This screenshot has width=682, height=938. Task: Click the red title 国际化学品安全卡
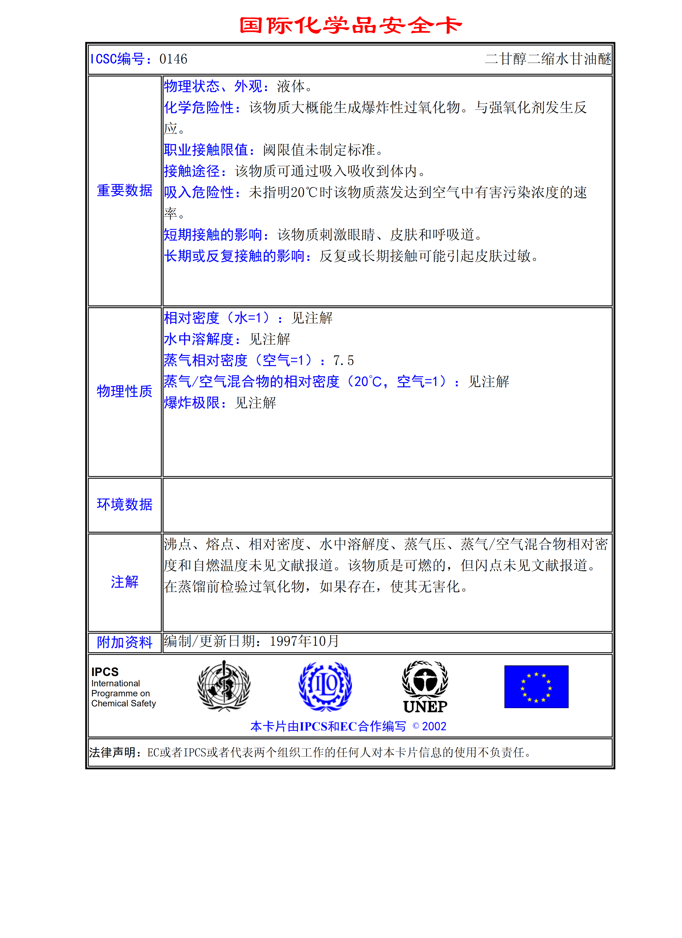pyautogui.click(x=350, y=25)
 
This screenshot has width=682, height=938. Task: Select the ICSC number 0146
pyautogui.click(x=173, y=59)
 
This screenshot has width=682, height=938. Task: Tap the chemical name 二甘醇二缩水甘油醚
pyautogui.click(x=548, y=59)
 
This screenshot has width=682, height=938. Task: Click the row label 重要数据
pyautogui.click(x=124, y=191)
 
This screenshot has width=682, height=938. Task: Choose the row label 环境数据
pyautogui.click(x=124, y=505)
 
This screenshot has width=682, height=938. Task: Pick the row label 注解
pyautogui.click(x=124, y=582)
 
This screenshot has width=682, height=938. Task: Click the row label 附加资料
pyautogui.click(x=124, y=642)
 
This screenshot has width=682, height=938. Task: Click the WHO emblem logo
pyautogui.click(x=224, y=686)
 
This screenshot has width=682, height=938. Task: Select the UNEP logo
pyautogui.click(x=425, y=687)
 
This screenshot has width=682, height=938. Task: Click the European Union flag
pyautogui.click(x=536, y=687)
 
